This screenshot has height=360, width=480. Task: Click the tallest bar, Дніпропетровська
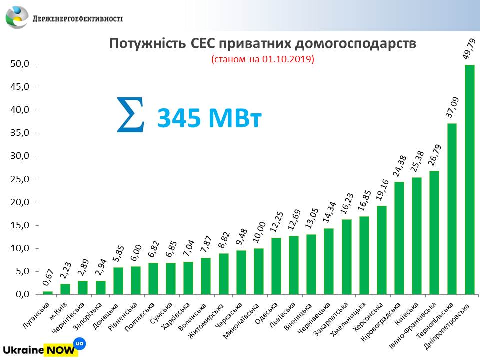[469, 180]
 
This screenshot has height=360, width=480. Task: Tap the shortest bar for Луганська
[48, 292]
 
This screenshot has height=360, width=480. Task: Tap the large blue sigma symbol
[131, 115]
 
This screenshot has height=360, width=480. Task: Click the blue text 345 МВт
[209, 119]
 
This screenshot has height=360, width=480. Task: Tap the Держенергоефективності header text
[77, 19]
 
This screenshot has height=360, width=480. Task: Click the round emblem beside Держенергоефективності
[17, 17]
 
